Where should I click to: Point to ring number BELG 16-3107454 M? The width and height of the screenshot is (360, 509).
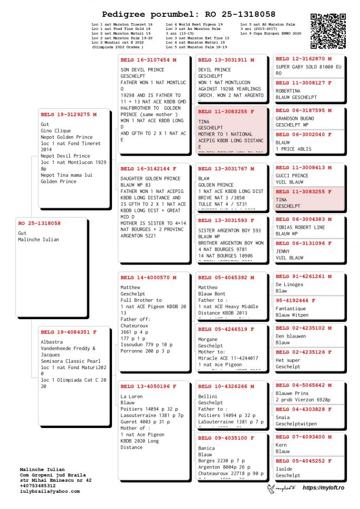148,60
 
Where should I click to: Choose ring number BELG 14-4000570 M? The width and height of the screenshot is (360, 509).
148,277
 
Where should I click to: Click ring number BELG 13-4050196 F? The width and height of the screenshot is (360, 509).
148,386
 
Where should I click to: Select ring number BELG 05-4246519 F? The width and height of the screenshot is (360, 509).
226,329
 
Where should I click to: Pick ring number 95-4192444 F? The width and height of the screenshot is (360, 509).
296,300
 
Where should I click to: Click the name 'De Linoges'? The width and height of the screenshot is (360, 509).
290,284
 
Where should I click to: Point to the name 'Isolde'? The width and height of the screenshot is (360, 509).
284,469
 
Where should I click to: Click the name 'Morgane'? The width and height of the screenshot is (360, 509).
208,340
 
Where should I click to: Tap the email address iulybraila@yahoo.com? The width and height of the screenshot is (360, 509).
50,491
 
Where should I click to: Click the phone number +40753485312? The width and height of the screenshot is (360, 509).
38,485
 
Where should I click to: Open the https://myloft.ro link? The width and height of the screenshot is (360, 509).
323,488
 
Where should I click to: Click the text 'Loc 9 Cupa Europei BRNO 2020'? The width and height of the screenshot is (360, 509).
271,34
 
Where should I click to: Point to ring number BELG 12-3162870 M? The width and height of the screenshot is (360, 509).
304,59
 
